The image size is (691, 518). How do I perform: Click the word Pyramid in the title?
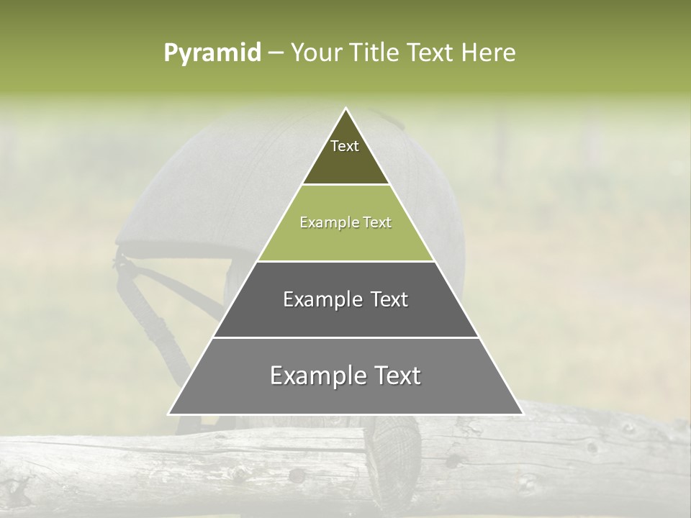pyautogui.click(x=212, y=53)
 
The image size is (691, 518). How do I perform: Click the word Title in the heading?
pyautogui.click(x=377, y=53)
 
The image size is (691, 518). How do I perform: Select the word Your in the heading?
pyautogui.click(x=315, y=53)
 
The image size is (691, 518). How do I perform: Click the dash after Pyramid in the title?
pyautogui.click(x=276, y=53)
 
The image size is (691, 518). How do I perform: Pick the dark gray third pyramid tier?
pyautogui.click(x=345, y=317)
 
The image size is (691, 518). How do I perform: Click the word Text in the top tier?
pyautogui.click(x=345, y=146)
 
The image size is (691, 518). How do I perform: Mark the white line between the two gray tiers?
pyautogui.click(x=345, y=337)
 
